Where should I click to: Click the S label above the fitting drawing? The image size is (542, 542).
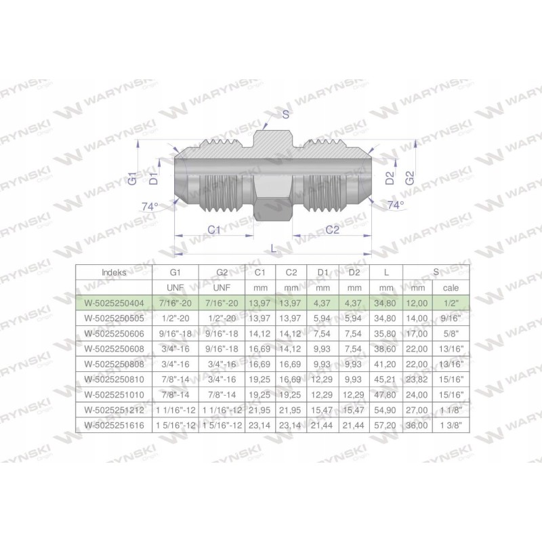[285, 114]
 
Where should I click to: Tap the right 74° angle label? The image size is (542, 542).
[395, 204]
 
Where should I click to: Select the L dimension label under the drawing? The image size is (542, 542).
[273, 249]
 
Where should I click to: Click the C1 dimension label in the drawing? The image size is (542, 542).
[214, 230]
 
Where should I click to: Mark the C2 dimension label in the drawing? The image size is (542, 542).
[332, 230]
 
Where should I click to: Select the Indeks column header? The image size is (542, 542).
[113, 272]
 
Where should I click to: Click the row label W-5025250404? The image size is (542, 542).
[113, 302]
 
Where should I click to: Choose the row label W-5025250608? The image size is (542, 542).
[113, 349]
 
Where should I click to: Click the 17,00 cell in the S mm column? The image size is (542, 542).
[418, 333]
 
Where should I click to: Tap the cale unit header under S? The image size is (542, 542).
[450, 287]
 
